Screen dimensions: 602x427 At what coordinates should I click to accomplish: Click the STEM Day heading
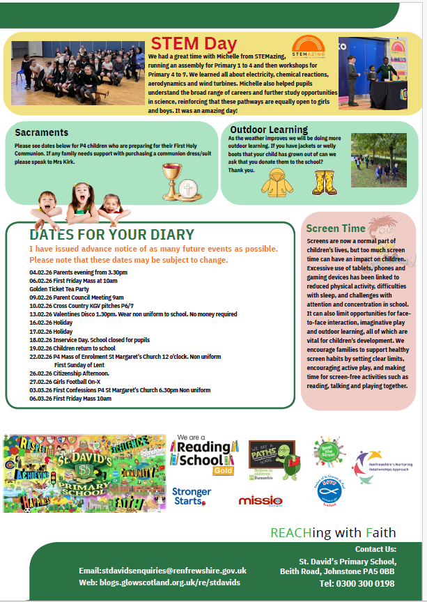point(185,44)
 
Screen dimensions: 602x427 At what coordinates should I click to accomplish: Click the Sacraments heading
point(42,132)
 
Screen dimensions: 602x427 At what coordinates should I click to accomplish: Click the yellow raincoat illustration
point(277,181)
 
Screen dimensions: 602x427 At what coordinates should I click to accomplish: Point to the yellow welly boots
point(324,181)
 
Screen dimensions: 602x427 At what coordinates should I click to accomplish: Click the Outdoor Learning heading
point(269,130)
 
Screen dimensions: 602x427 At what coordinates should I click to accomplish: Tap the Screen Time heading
point(335,229)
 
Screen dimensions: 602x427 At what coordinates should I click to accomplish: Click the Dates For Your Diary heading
point(111,235)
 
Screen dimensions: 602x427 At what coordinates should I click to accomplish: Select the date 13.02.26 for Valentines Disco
point(40,314)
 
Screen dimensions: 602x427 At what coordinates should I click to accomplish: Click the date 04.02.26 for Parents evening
point(40,272)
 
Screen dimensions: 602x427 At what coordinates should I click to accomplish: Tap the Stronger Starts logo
point(192,495)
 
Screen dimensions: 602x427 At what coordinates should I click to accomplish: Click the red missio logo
point(260,500)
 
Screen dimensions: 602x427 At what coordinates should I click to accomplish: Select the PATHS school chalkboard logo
point(271,458)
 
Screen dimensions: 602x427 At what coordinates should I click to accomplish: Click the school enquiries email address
point(162,571)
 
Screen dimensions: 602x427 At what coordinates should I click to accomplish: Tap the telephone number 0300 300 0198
point(357,583)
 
